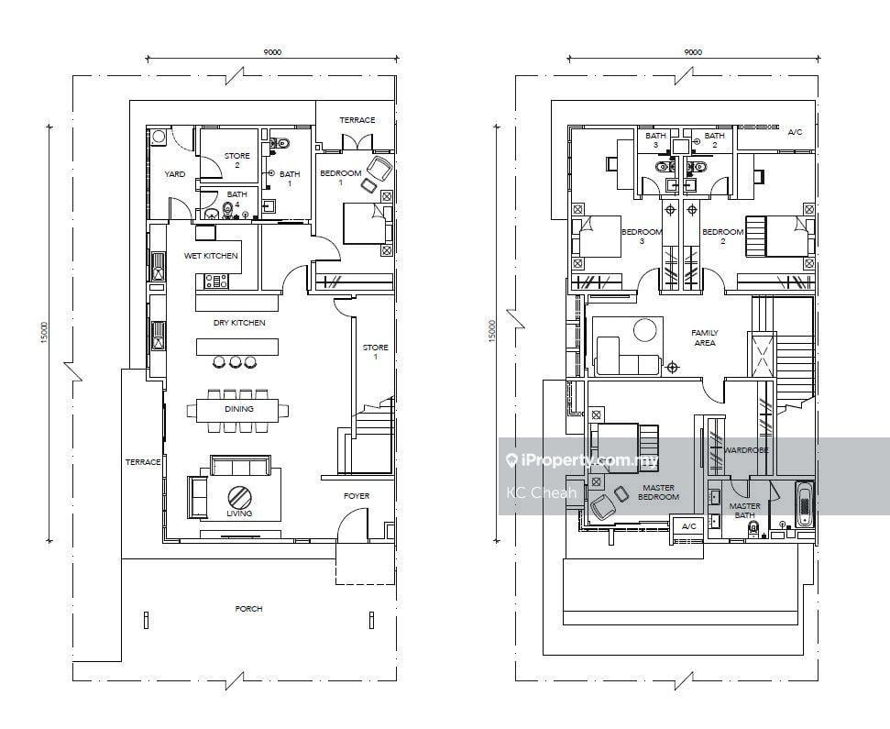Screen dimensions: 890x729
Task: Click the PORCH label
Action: point(248,609)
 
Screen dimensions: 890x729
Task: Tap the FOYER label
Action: point(357,496)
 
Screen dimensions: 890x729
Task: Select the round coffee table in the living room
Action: point(238,497)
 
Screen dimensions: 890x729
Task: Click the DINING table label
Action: point(239,409)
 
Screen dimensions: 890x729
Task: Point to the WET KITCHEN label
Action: point(211,256)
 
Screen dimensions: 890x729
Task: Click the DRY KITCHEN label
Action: point(239,323)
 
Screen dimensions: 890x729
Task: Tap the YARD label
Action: point(175,174)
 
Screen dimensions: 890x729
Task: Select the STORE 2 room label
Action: point(236,160)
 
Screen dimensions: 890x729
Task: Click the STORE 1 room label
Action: point(375,351)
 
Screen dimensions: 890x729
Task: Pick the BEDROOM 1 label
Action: point(341,178)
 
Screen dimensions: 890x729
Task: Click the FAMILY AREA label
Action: point(705,337)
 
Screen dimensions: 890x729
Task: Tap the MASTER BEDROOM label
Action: point(658,492)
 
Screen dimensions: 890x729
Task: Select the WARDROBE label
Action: point(746,449)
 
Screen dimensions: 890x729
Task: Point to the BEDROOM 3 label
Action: point(642,237)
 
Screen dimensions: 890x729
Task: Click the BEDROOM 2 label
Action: point(722,237)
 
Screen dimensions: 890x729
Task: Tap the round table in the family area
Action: point(644,330)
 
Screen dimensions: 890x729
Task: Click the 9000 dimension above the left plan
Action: point(272,52)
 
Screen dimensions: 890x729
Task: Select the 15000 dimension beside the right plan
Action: point(492,331)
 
